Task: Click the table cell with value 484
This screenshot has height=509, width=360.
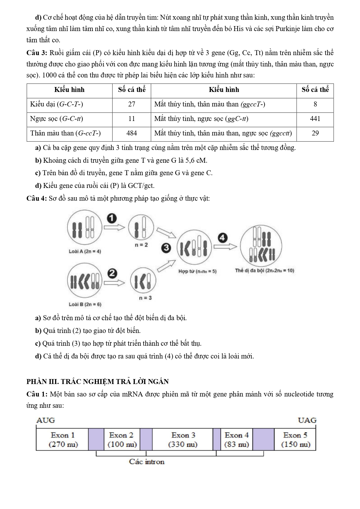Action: pos(132,133)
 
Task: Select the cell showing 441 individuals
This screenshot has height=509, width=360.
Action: pos(315,119)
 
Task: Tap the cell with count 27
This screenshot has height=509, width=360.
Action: pos(132,104)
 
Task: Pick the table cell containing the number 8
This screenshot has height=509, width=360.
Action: pos(315,104)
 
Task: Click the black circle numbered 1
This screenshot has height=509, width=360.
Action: pos(112,218)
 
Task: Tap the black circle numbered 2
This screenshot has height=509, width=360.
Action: pos(112,273)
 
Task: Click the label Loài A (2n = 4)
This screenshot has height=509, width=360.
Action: pos(85,251)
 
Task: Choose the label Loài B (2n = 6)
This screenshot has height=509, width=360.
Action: pos(85,305)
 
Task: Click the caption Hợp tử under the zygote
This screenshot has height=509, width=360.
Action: pos(197,271)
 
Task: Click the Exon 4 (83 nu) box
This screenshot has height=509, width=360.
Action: pos(236,440)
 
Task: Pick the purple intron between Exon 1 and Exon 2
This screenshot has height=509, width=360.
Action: pos(96,440)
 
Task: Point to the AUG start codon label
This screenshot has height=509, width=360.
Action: pos(46,420)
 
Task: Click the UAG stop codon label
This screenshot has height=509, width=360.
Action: pos(307,420)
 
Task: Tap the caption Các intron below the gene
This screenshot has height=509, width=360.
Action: pos(147,462)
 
